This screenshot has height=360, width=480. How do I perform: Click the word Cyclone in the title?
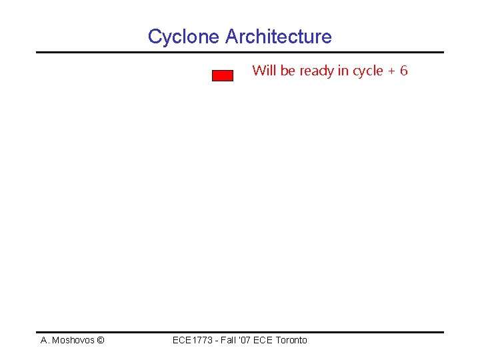(184, 37)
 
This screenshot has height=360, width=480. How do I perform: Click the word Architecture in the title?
(278, 37)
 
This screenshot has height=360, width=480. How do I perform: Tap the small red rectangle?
(223, 75)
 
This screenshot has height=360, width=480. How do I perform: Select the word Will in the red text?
(263, 71)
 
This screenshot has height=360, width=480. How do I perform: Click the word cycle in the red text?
(367, 71)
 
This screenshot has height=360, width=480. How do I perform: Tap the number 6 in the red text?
(403, 71)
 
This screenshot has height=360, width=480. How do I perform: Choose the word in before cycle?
(343, 71)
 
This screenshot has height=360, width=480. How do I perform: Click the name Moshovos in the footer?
(73, 340)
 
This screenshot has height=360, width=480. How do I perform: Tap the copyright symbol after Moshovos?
(100, 340)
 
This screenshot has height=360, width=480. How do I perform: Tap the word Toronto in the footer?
(291, 340)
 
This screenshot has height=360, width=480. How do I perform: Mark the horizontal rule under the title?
(239, 52)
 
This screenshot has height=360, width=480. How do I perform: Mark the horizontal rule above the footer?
(239, 332)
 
